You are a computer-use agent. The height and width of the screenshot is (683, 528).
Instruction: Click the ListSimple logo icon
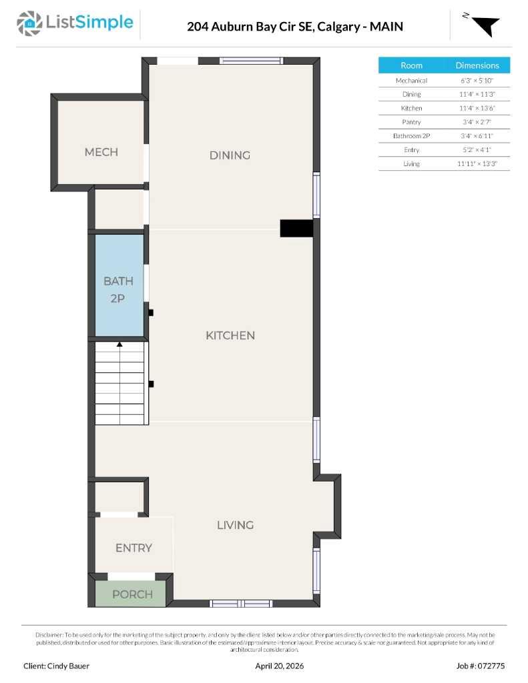coord(29,23)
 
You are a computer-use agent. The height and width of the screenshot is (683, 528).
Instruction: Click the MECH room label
coord(101,152)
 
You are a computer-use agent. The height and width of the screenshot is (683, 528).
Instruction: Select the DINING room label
coord(230,155)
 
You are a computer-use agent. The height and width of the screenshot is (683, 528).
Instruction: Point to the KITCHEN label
coord(230,335)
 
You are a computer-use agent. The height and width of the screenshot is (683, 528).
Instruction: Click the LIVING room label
coord(235,525)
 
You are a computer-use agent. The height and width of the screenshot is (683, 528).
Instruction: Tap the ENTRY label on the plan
coord(134,548)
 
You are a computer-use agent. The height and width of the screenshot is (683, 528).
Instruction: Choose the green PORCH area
coord(131,594)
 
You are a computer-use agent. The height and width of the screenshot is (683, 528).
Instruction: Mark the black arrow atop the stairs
coord(119,345)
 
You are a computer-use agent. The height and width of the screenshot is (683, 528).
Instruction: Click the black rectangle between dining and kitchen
coord(296,228)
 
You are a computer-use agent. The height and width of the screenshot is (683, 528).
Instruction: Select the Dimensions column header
coord(477,65)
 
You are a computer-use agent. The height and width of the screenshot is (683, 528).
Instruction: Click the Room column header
coord(411,65)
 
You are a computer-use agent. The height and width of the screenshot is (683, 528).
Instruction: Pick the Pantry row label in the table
coord(411,122)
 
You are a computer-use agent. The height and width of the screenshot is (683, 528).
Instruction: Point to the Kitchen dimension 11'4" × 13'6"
coord(477,108)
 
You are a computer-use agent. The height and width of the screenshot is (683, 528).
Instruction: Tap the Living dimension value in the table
coord(477,163)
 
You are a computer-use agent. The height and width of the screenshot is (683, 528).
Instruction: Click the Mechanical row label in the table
coord(411,80)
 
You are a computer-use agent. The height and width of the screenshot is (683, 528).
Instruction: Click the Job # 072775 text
coord(481,666)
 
